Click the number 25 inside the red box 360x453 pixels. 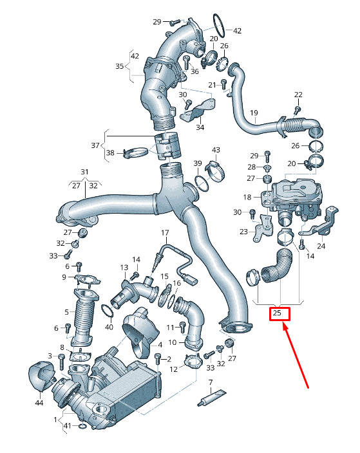277,313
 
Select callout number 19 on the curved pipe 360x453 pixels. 254,113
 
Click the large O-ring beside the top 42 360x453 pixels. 219,26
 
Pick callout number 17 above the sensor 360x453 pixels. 165,232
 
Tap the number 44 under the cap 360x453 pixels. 39,403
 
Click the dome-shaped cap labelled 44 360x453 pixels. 41,376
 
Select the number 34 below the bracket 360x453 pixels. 200,127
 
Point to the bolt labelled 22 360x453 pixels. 298,110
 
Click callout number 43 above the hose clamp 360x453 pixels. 216,150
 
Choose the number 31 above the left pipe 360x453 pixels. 84,172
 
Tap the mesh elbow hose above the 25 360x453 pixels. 278,266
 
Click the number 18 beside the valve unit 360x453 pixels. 247,197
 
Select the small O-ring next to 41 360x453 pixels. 82,426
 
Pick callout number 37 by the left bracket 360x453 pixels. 95,145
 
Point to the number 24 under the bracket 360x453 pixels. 321,246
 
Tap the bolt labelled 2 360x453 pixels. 158,359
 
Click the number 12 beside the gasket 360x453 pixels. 173,369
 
